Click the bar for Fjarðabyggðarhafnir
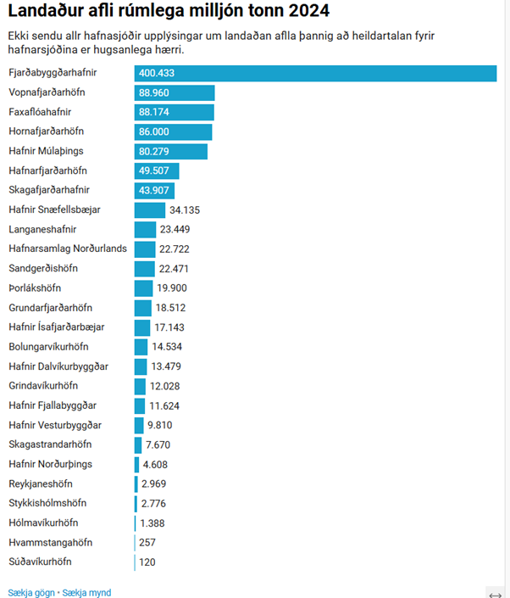(315, 74)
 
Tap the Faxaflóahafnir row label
(41, 112)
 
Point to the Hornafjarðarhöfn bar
(173, 131)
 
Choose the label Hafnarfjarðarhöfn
(47, 170)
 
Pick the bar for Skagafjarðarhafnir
(155, 190)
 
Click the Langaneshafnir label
(42, 229)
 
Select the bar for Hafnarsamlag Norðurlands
(145, 249)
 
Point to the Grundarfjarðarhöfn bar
(142, 307)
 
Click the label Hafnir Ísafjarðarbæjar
(57, 327)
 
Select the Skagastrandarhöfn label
(50, 444)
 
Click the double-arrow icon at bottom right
(496, 594)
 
